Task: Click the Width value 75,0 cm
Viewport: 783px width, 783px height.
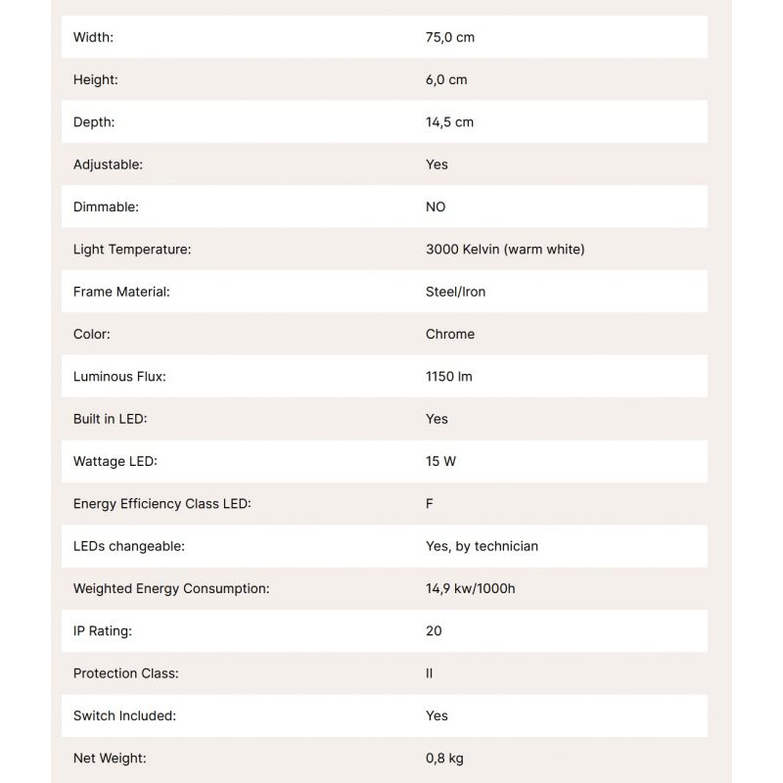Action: point(450,37)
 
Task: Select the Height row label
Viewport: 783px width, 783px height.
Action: point(95,79)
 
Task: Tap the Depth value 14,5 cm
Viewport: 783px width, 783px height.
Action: point(449,122)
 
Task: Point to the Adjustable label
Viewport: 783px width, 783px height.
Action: point(108,164)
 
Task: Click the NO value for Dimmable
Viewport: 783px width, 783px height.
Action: point(436,207)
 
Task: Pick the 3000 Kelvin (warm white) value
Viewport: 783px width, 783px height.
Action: point(505,250)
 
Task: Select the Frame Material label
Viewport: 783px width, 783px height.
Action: point(121,292)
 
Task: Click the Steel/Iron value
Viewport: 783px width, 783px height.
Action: point(455,292)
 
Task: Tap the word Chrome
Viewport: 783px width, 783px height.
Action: point(450,334)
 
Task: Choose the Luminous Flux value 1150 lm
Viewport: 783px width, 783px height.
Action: point(449,377)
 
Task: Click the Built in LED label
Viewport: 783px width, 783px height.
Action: point(110,419)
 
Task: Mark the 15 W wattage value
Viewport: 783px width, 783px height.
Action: point(440,461)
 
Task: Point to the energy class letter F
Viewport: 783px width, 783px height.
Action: point(430,504)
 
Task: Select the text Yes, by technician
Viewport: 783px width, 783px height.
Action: point(482,546)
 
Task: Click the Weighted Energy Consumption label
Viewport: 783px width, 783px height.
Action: point(171,588)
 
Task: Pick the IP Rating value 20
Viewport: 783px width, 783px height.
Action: point(434,631)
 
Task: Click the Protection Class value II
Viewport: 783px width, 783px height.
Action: point(429,673)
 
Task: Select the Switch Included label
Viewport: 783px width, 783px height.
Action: point(124,715)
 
